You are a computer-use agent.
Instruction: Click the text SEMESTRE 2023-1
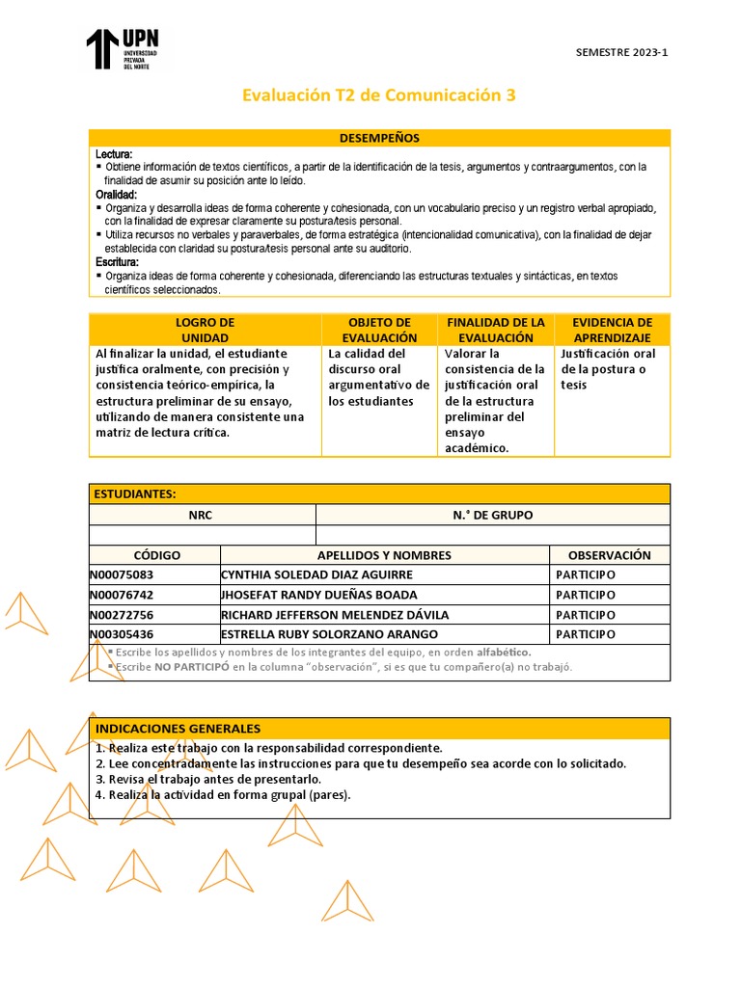tap(620, 52)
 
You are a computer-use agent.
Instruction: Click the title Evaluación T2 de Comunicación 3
tap(378, 94)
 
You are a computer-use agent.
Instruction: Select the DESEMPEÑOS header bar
tap(379, 138)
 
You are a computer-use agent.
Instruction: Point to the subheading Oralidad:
tap(117, 195)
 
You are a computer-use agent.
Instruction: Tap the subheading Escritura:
tap(118, 262)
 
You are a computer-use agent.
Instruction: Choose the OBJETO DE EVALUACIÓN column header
tap(378, 330)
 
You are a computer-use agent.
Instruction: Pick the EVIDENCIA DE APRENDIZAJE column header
tap(612, 330)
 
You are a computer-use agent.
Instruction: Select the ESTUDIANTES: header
tap(135, 493)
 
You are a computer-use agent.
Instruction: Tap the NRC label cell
tap(202, 515)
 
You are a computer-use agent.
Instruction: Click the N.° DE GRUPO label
tap(492, 515)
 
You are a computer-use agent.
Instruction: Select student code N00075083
tap(122, 574)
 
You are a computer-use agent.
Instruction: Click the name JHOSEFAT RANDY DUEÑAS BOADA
tap(319, 595)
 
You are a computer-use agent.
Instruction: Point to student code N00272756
tap(122, 615)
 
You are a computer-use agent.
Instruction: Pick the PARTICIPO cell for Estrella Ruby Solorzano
tap(586, 634)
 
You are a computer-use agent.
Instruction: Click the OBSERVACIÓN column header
tap(609, 555)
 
